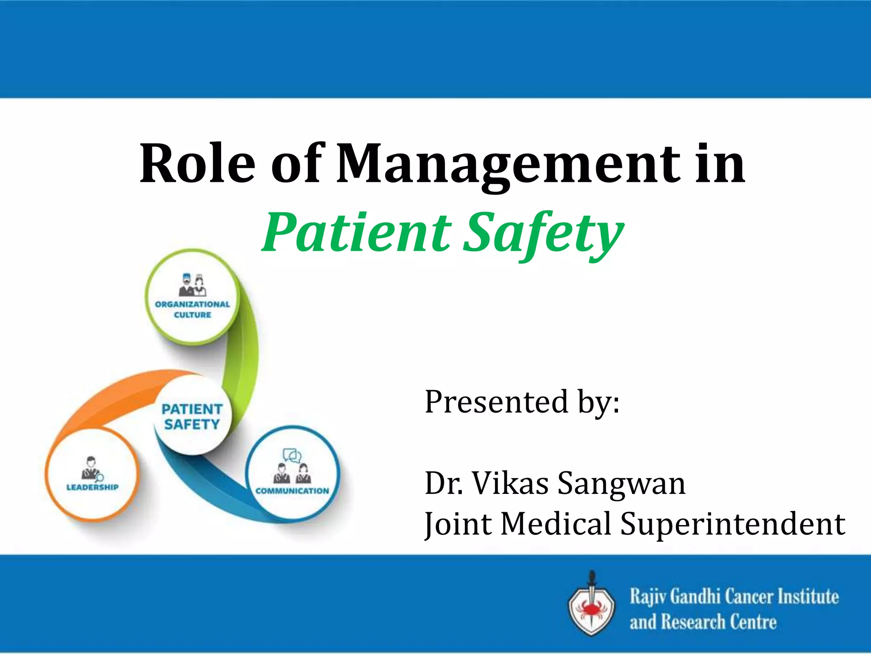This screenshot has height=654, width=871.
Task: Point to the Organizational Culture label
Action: point(192,310)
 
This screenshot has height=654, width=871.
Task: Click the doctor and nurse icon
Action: point(193,285)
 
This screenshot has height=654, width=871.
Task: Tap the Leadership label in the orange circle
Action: point(92,487)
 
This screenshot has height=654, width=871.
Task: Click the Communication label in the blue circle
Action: point(292,491)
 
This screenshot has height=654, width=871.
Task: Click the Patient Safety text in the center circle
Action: point(192,416)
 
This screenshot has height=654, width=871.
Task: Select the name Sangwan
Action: point(621,484)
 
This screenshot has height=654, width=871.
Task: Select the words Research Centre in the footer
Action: point(719,622)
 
